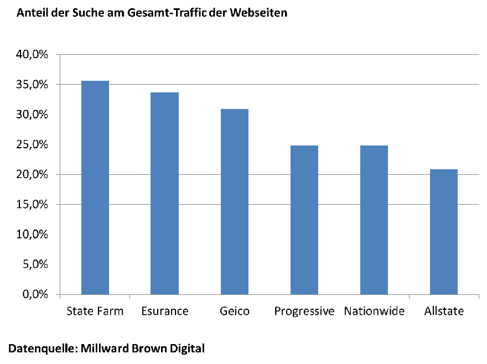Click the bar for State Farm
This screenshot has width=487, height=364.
coord(95,188)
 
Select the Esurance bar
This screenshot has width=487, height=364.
coord(165,193)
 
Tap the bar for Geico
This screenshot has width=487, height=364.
coord(235,201)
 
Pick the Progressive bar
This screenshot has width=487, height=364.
coord(304,220)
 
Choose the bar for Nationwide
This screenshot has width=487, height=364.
coord(374,220)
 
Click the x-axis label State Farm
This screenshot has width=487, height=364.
coord(95,311)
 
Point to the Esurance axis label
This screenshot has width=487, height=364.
coord(165,311)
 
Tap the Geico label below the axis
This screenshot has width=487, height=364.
coord(235,311)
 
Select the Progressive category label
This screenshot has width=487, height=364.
coord(304,311)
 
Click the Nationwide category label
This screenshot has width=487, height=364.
coord(374,311)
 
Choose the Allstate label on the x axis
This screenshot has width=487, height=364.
coord(444,311)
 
